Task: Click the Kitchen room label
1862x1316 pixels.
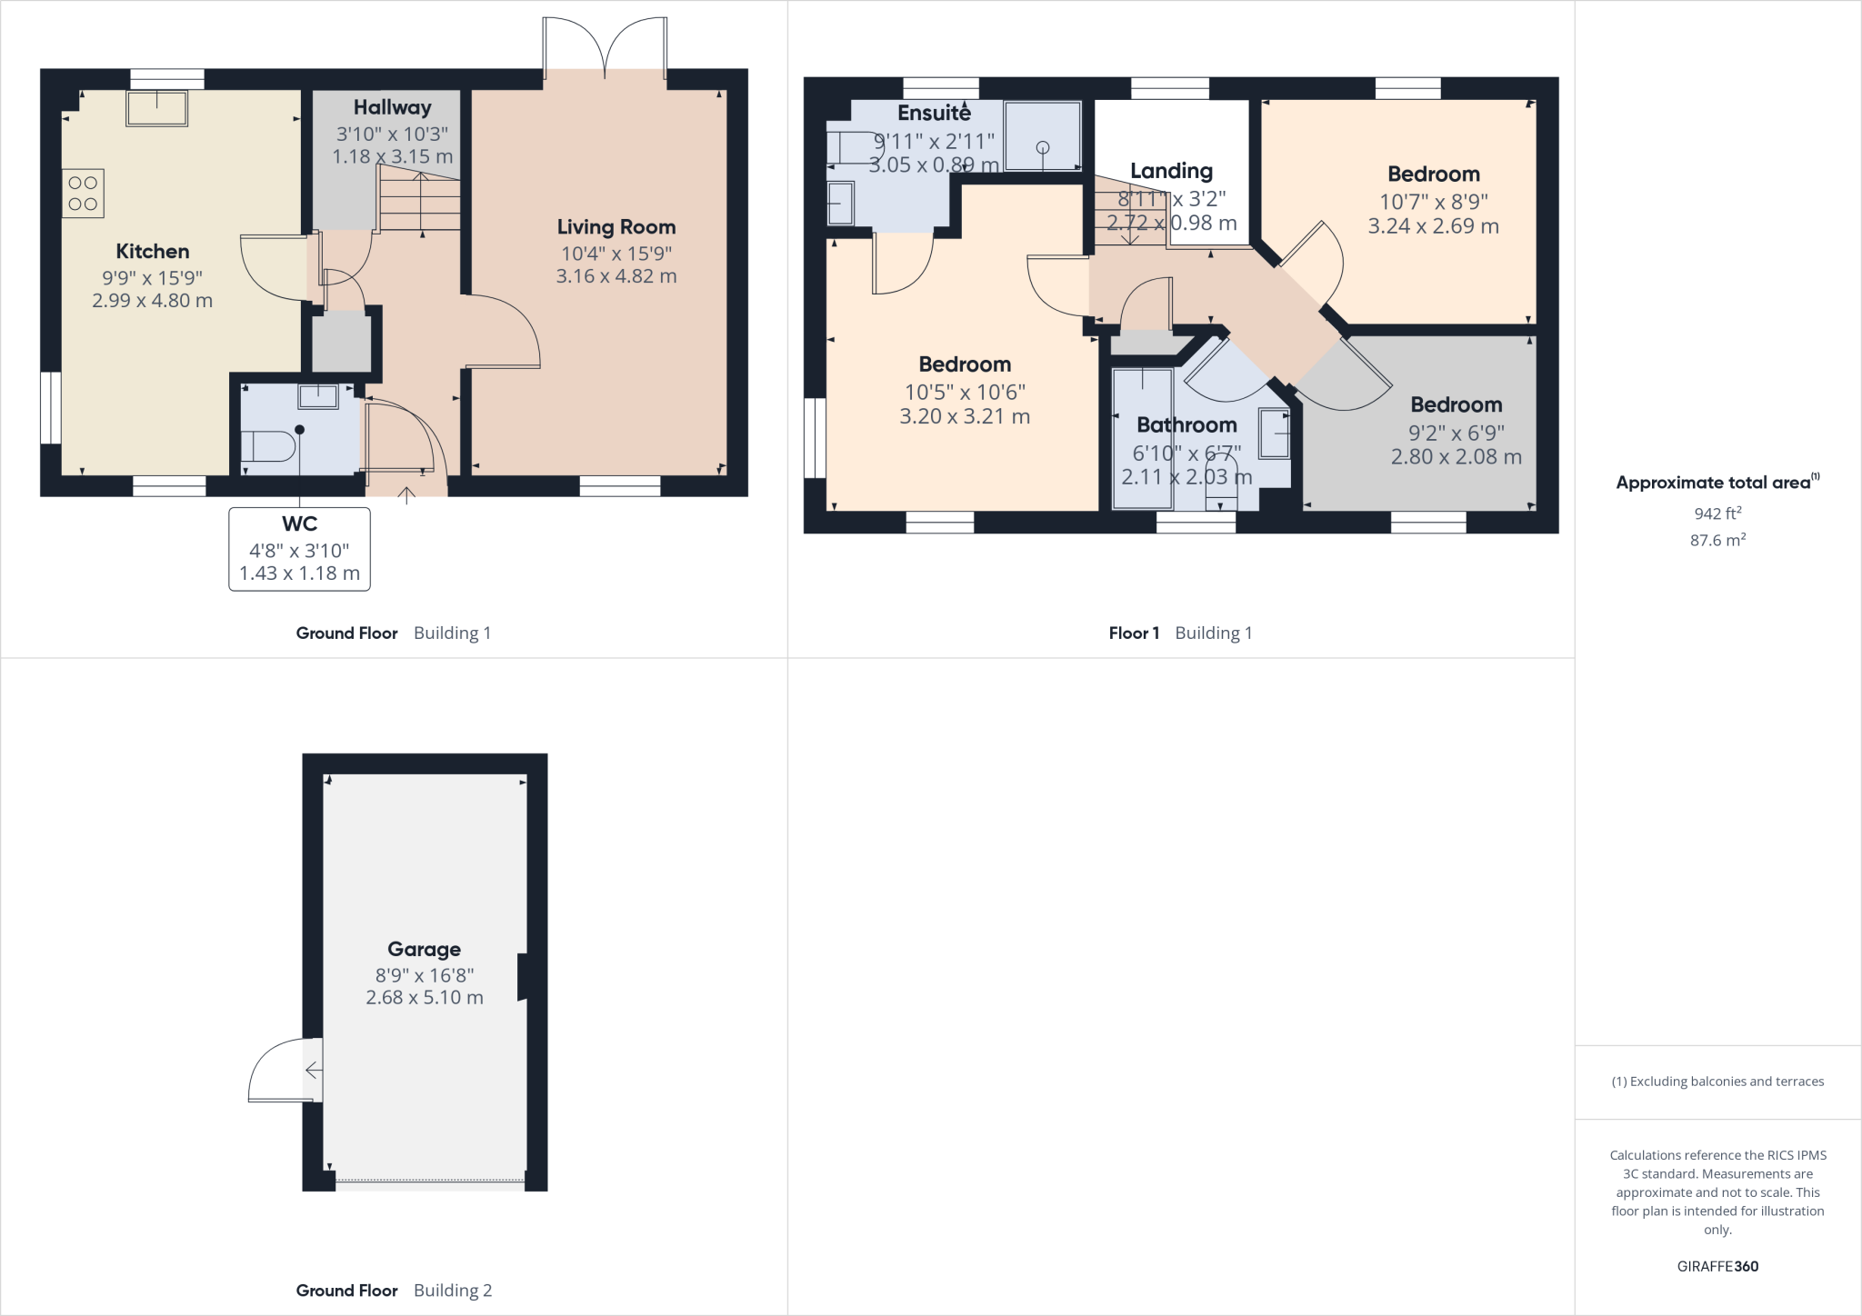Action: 152,252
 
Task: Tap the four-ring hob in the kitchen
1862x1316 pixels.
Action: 83,194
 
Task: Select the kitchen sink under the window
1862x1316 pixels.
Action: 157,108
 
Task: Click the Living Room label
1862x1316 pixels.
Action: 616,227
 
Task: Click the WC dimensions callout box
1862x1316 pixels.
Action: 299,549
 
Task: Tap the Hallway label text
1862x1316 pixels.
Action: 392,107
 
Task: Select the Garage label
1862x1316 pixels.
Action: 424,949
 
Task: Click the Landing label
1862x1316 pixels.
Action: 1171,171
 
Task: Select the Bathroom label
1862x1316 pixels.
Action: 1186,424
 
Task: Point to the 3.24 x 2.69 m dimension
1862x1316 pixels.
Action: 1433,226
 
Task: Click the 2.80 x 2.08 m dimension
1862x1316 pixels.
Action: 1456,457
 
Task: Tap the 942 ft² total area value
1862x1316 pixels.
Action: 1717,513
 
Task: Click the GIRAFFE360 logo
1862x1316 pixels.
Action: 1717,1266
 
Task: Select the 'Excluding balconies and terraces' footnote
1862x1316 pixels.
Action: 1717,1082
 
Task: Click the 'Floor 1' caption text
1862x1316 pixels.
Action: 1134,633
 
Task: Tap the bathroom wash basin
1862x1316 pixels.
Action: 1274,434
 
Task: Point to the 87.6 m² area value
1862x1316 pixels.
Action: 1717,540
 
